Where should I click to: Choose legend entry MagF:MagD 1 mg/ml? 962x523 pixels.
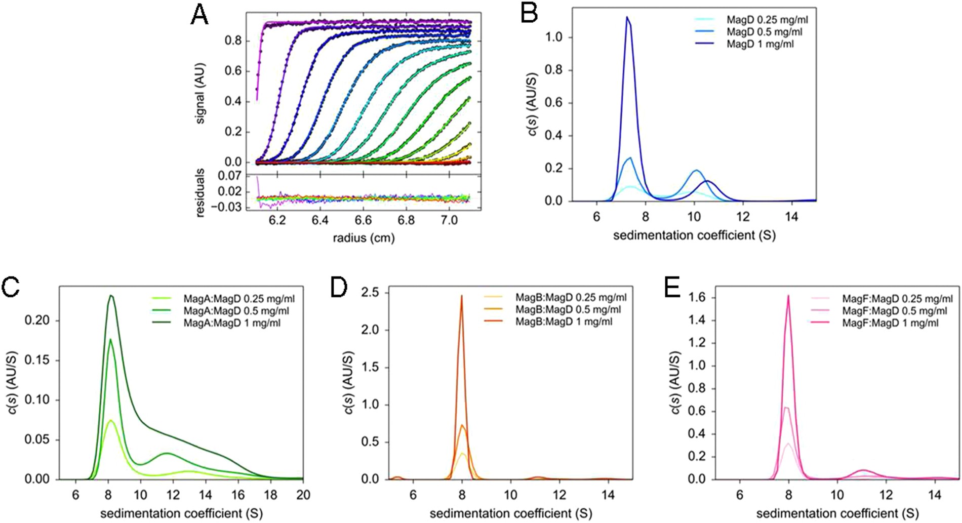[x=890, y=323]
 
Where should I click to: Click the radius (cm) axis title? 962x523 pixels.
[x=364, y=237]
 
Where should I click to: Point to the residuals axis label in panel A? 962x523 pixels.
[x=200, y=193]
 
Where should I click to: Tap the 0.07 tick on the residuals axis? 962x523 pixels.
[x=227, y=176]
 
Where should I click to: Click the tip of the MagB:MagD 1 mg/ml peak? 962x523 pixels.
[x=461, y=296]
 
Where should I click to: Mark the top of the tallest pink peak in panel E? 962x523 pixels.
[x=788, y=296]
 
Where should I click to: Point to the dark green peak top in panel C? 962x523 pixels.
[x=111, y=296]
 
